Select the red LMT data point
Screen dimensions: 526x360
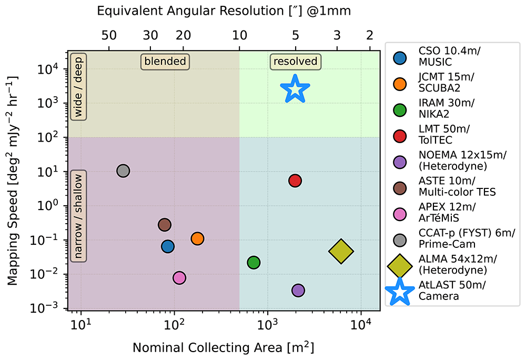[x=295, y=181]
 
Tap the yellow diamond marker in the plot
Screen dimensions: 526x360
[x=341, y=251]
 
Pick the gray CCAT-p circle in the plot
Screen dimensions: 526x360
[x=123, y=171]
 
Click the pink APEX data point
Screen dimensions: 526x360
[x=179, y=278]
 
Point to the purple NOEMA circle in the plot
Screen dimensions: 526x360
[x=298, y=290]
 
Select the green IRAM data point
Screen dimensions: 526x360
[x=254, y=262]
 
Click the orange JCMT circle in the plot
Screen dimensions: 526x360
[x=197, y=238]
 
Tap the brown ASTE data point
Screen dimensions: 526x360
[x=164, y=225]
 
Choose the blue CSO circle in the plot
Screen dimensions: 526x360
[x=168, y=247]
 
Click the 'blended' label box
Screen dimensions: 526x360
[x=165, y=62]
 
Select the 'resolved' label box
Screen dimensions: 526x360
[x=295, y=62]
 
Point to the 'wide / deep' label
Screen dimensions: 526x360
[x=78, y=87]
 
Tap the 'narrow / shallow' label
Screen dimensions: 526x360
[x=78, y=216]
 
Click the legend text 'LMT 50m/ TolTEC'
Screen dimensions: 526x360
[x=444, y=134]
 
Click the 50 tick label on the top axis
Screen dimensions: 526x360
[x=109, y=35]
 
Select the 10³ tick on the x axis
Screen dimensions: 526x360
[x=268, y=324]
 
